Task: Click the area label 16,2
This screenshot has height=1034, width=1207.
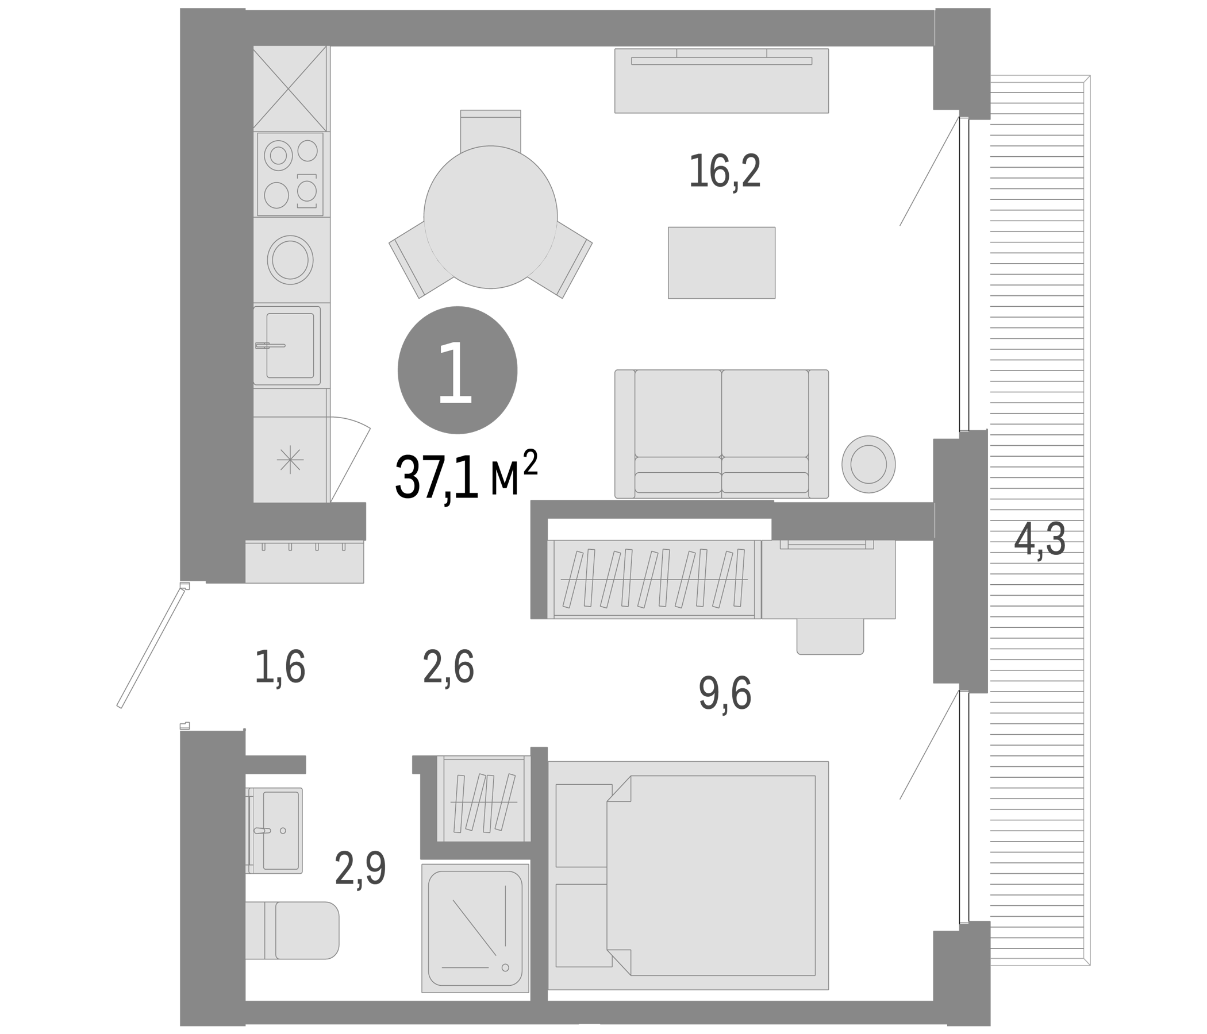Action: click(725, 171)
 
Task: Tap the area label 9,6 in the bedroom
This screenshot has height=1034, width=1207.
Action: click(725, 693)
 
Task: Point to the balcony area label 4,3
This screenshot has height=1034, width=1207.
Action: click(1040, 540)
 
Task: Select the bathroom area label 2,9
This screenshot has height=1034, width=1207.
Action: click(360, 870)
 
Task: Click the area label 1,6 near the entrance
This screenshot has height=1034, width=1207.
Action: click(280, 667)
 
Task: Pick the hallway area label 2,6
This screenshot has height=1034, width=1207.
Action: click(448, 667)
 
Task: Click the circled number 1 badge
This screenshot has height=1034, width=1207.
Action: click(458, 371)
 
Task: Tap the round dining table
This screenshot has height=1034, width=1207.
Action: click(490, 217)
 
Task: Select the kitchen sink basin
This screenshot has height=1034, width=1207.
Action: click(290, 345)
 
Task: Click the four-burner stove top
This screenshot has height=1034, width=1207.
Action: click(290, 174)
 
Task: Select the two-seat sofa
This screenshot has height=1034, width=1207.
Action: click(722, 434)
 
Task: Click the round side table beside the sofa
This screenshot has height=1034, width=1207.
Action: click(868, 464)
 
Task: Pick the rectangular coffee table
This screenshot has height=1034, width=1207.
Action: click(721, 263)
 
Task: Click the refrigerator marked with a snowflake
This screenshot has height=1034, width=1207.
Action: click(290, 460)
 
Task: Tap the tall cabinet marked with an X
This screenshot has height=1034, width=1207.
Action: click(290, 88)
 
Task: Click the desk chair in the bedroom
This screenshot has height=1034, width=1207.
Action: click(830, 636)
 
